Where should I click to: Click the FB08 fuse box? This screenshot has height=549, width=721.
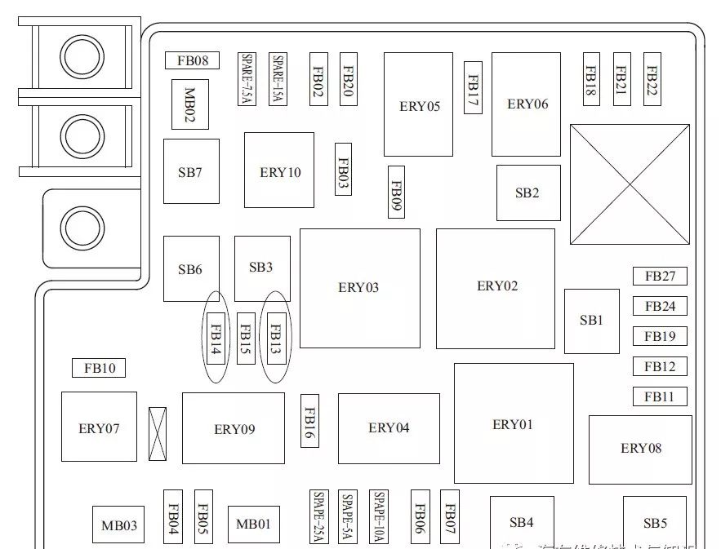[x=193, y=60]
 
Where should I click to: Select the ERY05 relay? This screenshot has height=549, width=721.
[x=419, y=104]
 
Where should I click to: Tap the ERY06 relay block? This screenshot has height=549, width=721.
[x=527, y=104]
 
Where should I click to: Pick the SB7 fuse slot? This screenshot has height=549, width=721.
[x=191, y=171]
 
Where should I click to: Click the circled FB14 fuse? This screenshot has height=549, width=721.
[x=216, y=338]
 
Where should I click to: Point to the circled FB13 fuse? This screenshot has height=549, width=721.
[x=276, y=338]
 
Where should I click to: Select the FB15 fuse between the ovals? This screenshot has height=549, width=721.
[x=246, y=338]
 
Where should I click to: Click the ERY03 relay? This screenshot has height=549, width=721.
[x=359, y=288]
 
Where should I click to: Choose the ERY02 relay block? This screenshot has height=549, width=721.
[x=496, y=287]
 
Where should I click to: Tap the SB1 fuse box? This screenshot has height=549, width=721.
[x=591, y=321]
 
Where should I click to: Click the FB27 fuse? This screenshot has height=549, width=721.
[x=660, y=276]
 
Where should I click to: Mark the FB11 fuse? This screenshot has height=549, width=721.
[x=660, y=396]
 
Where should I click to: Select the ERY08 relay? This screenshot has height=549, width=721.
[x=640, y=449]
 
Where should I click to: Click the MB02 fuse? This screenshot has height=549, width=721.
[x=189, y=104]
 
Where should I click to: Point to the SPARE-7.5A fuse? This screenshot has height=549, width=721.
[x=247, y=79]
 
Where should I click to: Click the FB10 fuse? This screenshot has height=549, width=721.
[x=100, y=368]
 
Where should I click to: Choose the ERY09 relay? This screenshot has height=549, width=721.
[x=234, y=428]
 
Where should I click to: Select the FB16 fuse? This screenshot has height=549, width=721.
[x=309, y=421]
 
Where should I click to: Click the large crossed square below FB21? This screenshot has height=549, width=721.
[x=630, y=186]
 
